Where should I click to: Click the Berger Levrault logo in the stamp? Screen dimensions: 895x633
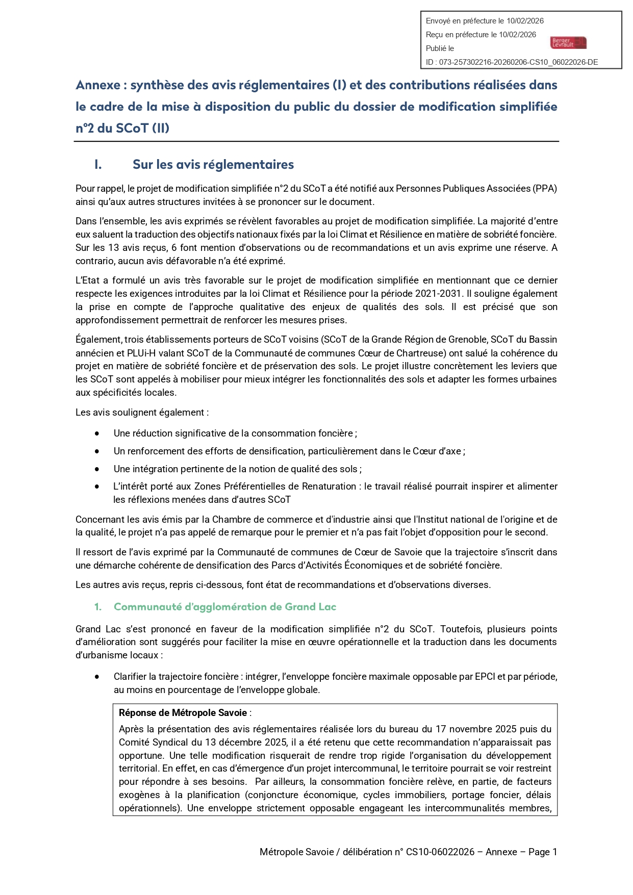568,43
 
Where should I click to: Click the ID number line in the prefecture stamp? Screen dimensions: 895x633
512,62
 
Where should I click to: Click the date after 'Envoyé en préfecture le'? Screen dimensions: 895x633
525,21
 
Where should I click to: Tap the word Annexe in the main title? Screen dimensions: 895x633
98,85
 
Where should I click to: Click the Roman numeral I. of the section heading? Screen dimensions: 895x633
98,165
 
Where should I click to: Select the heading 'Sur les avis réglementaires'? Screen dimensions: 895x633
213,165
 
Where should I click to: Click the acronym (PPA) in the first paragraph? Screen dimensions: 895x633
545,189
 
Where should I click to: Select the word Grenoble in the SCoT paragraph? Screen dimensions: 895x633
465,340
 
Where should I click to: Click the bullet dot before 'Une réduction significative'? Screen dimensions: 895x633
97,433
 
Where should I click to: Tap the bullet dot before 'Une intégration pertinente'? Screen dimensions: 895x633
97,469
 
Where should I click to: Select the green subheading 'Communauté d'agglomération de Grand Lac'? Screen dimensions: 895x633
224,607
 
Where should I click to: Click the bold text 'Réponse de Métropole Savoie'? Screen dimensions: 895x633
183,713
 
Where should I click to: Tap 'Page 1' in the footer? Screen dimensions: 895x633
542,852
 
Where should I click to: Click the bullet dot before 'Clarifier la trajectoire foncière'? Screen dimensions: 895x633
97,677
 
